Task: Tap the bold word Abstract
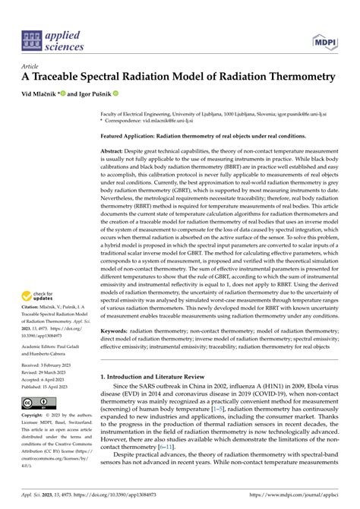pyautogui.click(x=115, y=152)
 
